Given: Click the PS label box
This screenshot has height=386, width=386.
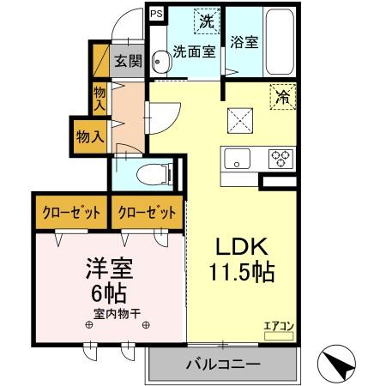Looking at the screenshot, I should click(157, 14).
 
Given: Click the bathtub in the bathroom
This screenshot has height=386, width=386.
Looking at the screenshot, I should click(280, 43).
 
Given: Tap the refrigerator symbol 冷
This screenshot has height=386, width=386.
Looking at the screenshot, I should click(280, 97).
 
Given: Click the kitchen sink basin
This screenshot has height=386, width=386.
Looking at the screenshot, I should click(237, 159).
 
